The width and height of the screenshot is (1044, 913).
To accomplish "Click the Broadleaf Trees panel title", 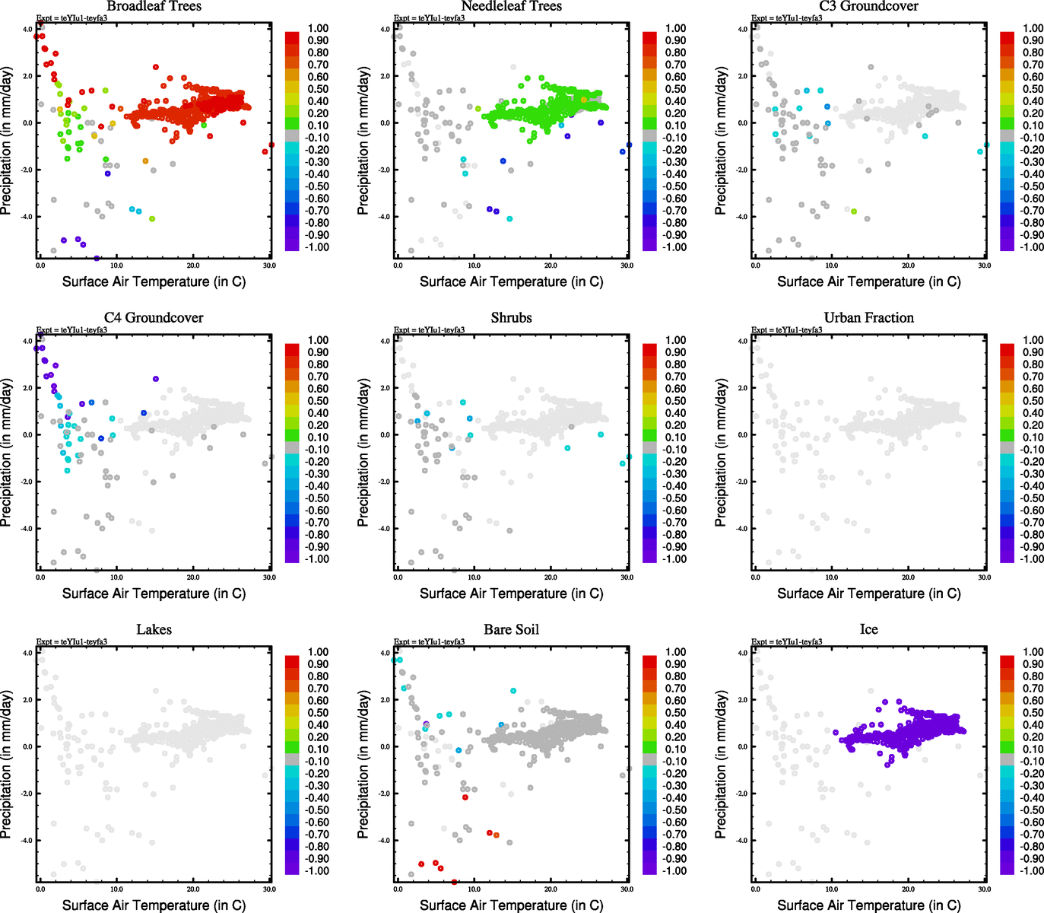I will point(154,6).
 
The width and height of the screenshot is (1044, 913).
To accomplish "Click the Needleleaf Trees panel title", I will point(511,6).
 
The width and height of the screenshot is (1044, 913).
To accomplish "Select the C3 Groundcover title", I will point(868,6).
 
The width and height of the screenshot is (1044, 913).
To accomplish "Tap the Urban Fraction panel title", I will point(868,318).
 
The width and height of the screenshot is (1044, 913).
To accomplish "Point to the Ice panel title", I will point(868,630).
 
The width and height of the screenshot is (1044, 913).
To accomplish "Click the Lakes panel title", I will point(154,630).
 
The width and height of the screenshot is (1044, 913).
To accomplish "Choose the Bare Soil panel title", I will point(511,630).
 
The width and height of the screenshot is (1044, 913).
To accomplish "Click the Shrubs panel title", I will point(511,318).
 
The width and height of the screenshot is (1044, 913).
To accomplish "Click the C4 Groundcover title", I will point(154,318).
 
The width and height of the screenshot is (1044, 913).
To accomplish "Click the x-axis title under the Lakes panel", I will point(154,905).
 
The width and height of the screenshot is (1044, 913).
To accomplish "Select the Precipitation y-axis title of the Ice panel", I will point(721,765).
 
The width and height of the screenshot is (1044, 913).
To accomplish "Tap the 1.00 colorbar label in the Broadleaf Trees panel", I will point(318,28).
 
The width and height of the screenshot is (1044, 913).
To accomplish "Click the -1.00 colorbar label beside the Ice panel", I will point(1031,871).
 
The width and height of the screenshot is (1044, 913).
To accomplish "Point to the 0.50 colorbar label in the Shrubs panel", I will point(675,401).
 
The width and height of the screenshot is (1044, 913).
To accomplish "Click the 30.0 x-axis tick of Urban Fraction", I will point(984,577).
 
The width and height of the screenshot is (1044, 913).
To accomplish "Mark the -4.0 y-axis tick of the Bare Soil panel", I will point(384,841).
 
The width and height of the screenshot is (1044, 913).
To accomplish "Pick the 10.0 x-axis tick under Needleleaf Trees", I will point(474,266).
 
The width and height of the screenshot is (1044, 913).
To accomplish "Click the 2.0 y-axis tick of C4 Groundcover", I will point(27,388).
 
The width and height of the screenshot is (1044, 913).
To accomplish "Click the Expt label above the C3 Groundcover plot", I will point(786,17).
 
